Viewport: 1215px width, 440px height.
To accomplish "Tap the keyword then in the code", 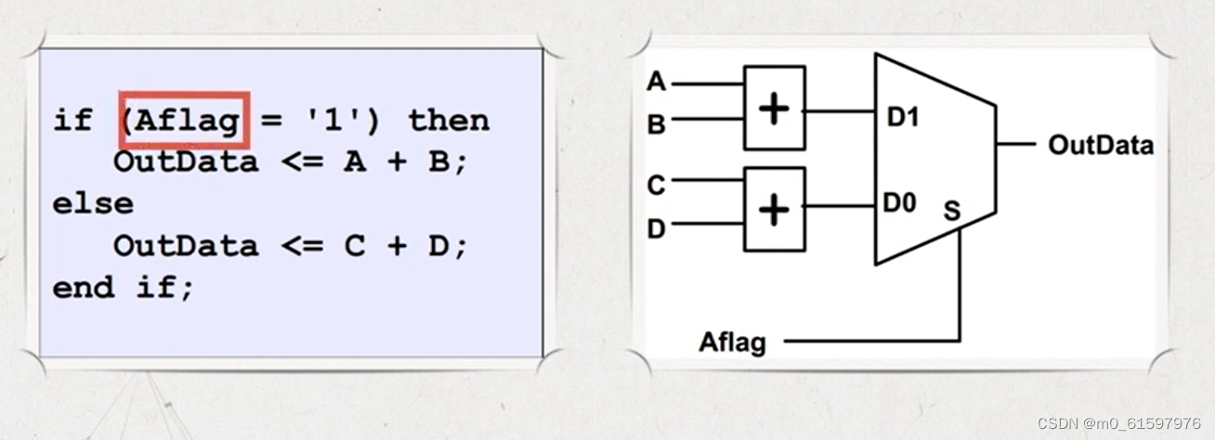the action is [449, 121].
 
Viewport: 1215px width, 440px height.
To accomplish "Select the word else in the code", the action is [93, 203].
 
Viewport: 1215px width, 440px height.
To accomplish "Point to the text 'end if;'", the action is [124, 287].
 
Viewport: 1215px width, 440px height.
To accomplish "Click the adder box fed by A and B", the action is [775, 109].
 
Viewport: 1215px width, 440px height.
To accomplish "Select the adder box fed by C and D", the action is [775, 210].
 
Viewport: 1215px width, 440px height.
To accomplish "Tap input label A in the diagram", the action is [657, 83].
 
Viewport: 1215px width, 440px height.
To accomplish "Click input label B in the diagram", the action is [657, 123].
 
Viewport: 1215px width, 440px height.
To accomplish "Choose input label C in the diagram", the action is [657, 186].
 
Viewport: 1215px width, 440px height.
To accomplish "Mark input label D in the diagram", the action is [657, 227].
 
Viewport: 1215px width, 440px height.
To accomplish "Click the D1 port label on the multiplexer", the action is [902, 117].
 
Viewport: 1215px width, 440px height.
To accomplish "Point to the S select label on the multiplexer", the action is [952, 211].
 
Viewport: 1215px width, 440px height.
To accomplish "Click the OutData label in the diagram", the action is [1101, 145].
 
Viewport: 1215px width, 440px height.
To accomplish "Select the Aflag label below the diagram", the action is [733, 343].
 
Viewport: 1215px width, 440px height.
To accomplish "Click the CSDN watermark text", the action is [1118, 423].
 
